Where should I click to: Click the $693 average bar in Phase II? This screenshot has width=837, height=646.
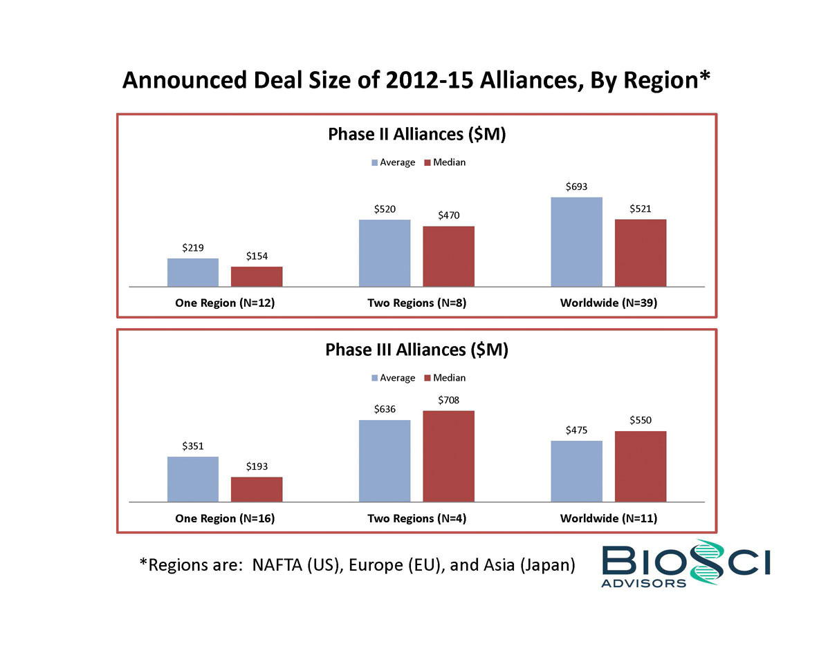pyautogui.click(x=576, y=242)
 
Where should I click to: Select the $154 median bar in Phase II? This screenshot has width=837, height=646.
pyautogui.click(x=257, y=276)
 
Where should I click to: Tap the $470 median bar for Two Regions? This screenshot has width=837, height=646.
pyautogui.click(x=448, y=256)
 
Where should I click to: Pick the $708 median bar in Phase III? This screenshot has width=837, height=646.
pyautogui.click(x=448, y=456)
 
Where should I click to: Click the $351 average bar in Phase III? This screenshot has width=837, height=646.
pyautogui.click(x=193, y=479)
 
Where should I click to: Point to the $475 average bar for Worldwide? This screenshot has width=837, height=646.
pyautogui.click(x=576, y=471)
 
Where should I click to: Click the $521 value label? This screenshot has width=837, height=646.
pyautogui.click(x=641, y=209)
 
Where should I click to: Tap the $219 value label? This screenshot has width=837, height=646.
pyautogui.click(x=193, y=247)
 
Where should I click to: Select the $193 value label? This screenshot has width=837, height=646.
pyautogui.click(x=257, y=467)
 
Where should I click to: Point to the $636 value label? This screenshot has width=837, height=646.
pyautogui.click(x=385, y=409)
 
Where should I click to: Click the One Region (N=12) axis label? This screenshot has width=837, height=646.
pyautogui.click(x=225, y=303)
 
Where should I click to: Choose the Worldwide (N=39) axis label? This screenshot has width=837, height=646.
pyautogui.click(x=609, y=303)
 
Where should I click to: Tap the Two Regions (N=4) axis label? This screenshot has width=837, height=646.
pyautogui.click(x=416, y=518)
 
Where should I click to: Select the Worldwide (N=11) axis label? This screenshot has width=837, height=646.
pyautogui.click(x=609, y=518)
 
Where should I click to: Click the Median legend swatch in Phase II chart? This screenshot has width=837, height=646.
pyautogui.click(x=427, y=163)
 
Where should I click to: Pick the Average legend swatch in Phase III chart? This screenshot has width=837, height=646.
pyautogui.click(x=375, y=379)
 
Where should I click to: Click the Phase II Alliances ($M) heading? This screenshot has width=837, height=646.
pyautogui.click(x=416, y=134)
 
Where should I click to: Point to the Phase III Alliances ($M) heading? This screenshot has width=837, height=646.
pyautogui.click(x=416, y=350)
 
